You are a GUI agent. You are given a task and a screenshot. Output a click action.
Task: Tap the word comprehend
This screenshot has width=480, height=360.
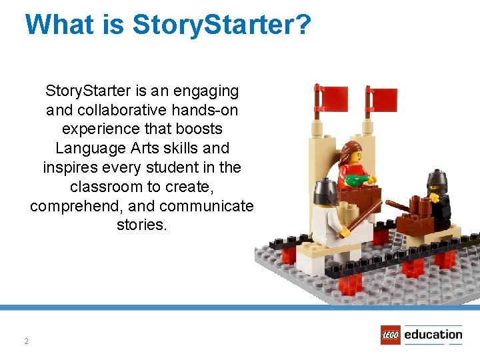pos(72,206)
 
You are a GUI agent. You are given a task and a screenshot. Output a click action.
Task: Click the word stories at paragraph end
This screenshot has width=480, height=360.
pos(141,225)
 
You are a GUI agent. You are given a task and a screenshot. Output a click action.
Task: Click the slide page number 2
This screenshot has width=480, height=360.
pos(26,341)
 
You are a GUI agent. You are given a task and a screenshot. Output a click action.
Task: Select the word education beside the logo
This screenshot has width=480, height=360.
pos(433,335)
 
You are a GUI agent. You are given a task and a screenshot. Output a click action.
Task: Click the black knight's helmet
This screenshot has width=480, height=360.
pos(436,179)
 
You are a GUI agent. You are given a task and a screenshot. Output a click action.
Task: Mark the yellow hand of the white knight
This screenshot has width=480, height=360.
pos(345,233)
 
